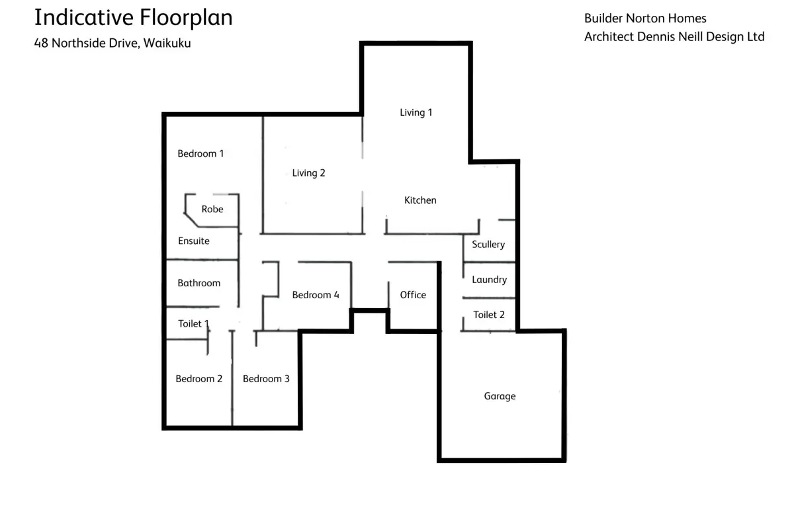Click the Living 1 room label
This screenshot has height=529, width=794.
click(x=416, y=112)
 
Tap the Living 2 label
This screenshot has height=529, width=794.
click(x=308, y=173)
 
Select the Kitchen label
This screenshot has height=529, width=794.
click(x=420, y=200)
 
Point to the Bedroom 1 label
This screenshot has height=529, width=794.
click(x=200, y=153)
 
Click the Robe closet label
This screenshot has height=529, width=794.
click(x=212, y=209)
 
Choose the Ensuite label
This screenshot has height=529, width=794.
click(x=193, y=241)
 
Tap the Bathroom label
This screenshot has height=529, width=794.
click(x=199, y=283)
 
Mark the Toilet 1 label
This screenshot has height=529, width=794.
click(x=193, y=323)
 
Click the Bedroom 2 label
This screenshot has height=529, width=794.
click(x=199, y=379)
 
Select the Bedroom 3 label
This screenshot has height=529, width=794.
click(x=266, y=379)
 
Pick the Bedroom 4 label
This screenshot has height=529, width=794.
click(x=316, y=295)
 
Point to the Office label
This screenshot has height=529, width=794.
click(x=413, y=295)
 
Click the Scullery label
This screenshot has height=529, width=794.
click(x=488, y=245)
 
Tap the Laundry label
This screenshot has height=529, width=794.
click(x=489, y=280)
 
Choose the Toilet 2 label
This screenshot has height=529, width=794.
click(x=489, y=315)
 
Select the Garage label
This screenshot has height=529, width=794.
click(x=500, y=396)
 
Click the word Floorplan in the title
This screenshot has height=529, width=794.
click(x=186, y=18)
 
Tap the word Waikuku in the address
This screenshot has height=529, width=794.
click(x=167, y=43)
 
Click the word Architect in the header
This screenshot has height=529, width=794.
click(x=609, y=37)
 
